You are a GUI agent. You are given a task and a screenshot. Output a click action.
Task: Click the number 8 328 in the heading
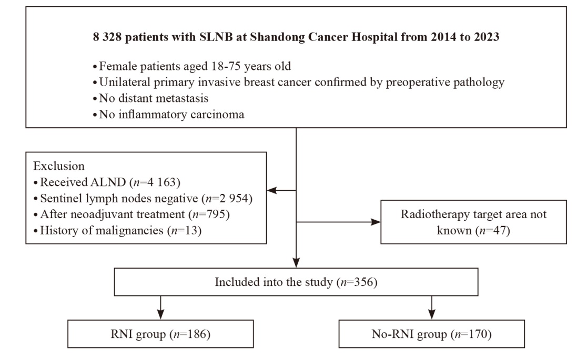[x=107, y=37]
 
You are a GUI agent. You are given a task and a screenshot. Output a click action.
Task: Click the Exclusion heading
[x=59, y=166]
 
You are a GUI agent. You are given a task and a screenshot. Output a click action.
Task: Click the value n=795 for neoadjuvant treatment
[x=209, y=214]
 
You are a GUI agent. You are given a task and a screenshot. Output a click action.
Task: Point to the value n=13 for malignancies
[x=185, y=231]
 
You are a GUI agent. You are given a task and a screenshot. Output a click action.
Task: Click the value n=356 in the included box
[x=357, y=282]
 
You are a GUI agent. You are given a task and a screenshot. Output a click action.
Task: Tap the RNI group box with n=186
[x=160, y=334]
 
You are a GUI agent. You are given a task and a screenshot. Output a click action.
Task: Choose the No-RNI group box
[x=432, y=334]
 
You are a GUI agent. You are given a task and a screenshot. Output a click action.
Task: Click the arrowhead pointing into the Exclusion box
[x=271, y=190]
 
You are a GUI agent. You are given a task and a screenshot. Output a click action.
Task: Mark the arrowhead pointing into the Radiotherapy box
[x=376, y=222]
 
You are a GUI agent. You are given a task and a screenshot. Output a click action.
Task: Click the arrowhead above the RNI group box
[x=160, y=314]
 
